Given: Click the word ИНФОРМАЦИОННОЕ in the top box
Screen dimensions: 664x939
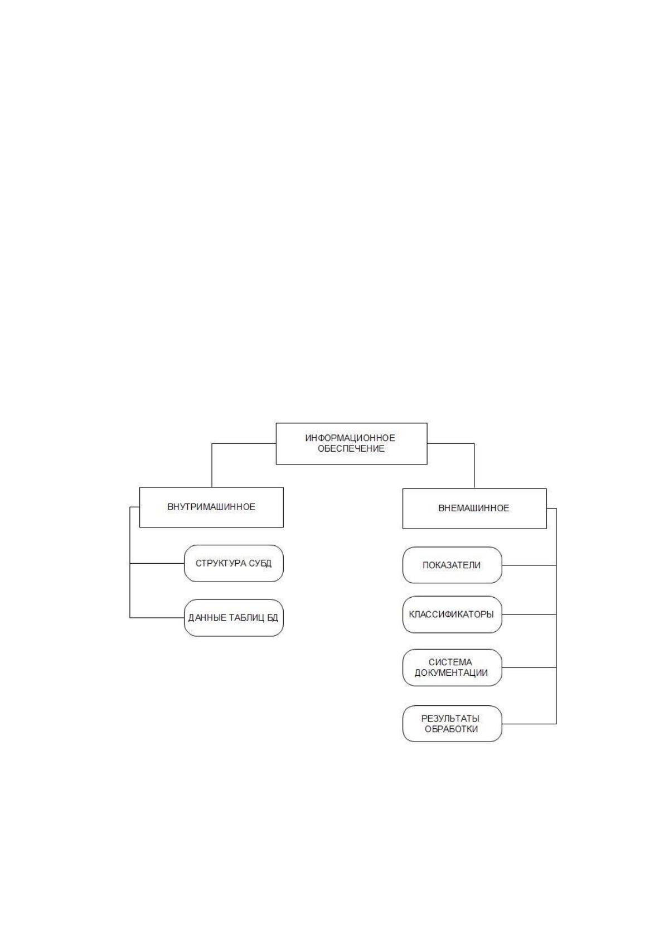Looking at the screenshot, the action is point(350,438).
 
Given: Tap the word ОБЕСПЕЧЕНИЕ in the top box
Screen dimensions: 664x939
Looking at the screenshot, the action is point(351,448).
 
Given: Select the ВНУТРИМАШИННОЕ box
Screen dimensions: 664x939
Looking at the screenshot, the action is point(211,507).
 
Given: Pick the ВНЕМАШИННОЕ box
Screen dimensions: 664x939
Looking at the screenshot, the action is point(474,509).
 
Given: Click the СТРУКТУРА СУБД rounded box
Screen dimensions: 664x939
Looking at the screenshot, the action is point(234,563).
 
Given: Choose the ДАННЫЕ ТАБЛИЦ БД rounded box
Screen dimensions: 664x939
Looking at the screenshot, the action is point(234,618).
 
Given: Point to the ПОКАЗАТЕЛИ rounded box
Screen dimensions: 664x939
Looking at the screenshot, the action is point(452,565).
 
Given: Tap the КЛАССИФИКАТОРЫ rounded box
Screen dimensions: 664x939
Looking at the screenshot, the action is point(452,614).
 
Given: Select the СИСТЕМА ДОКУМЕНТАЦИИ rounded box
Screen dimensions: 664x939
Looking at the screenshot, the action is point(452,668).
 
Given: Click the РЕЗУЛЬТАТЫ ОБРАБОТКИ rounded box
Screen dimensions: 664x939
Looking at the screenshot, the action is point(452,724).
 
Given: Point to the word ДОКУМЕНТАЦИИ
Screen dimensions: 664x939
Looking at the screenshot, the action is point(451,673).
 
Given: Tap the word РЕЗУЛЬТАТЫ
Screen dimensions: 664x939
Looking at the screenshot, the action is point(450,719).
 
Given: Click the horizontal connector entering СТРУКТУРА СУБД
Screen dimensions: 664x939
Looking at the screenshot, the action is point(157,563).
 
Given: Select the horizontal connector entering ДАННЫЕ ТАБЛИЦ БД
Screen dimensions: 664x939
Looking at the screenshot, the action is point(157,618).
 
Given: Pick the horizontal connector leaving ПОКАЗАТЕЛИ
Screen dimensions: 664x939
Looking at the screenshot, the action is point(529,565).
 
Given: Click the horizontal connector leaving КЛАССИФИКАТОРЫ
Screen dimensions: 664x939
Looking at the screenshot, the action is point(529,614).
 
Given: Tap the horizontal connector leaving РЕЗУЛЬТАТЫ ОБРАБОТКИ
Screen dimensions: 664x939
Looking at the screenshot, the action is point(529,724).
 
